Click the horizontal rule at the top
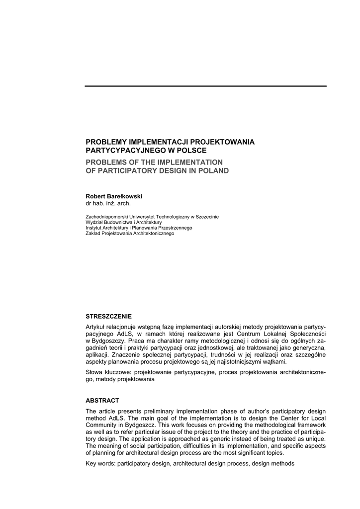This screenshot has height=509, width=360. [205, 86]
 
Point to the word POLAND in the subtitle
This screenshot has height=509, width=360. [212, 170]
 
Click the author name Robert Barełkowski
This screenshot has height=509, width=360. [114, 196]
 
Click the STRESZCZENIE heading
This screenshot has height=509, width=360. [109, 316]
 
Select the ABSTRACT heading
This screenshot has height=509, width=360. [102, 400]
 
